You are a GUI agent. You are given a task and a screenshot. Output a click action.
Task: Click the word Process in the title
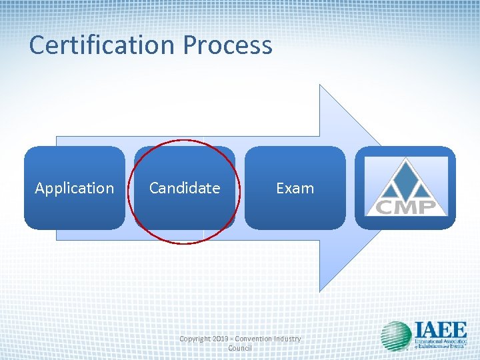click(227, 45)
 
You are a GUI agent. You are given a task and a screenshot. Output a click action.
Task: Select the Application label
click(74, 188)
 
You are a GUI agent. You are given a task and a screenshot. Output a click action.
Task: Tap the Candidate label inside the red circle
click(184, 188)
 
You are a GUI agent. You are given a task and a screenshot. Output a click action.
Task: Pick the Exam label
click(295, 188)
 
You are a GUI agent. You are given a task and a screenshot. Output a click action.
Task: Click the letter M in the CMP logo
click(406, 206)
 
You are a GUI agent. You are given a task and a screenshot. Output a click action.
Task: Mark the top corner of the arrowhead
click(321, 85)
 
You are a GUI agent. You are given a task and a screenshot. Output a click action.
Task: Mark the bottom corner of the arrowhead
click(321, 291)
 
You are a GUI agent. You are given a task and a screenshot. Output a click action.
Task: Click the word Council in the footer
click(239, 349)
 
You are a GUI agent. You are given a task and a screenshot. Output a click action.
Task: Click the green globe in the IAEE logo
click(396, 336)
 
